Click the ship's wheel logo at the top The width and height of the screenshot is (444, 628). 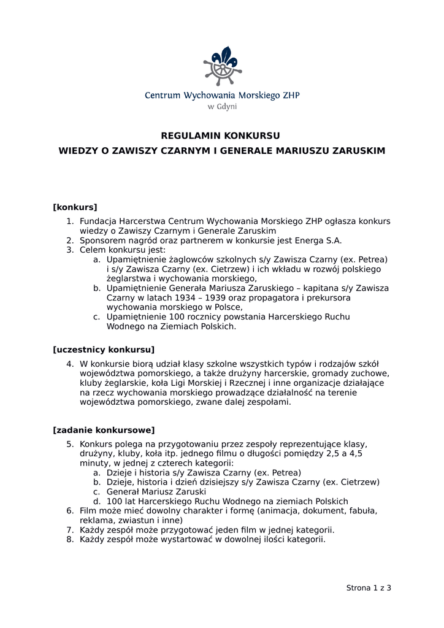pos(222,66)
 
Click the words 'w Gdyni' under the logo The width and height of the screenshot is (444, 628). pos(222,106)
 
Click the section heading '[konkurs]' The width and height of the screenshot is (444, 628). pos(75,207)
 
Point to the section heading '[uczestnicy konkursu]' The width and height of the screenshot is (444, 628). pos(104,350)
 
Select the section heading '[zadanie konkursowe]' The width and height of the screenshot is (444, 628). pos(104,430)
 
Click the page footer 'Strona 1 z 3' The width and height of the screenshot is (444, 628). pos(369,588)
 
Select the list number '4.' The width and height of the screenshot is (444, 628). pos(71,364)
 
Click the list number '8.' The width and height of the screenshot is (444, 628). pos(71,540)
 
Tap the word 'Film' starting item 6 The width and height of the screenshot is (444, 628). pos(89,510)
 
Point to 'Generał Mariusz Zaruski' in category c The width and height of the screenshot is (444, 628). pos(156,492)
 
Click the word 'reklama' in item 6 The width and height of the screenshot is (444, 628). pos(96,520)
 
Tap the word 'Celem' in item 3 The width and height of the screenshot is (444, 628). pos(93,250)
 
